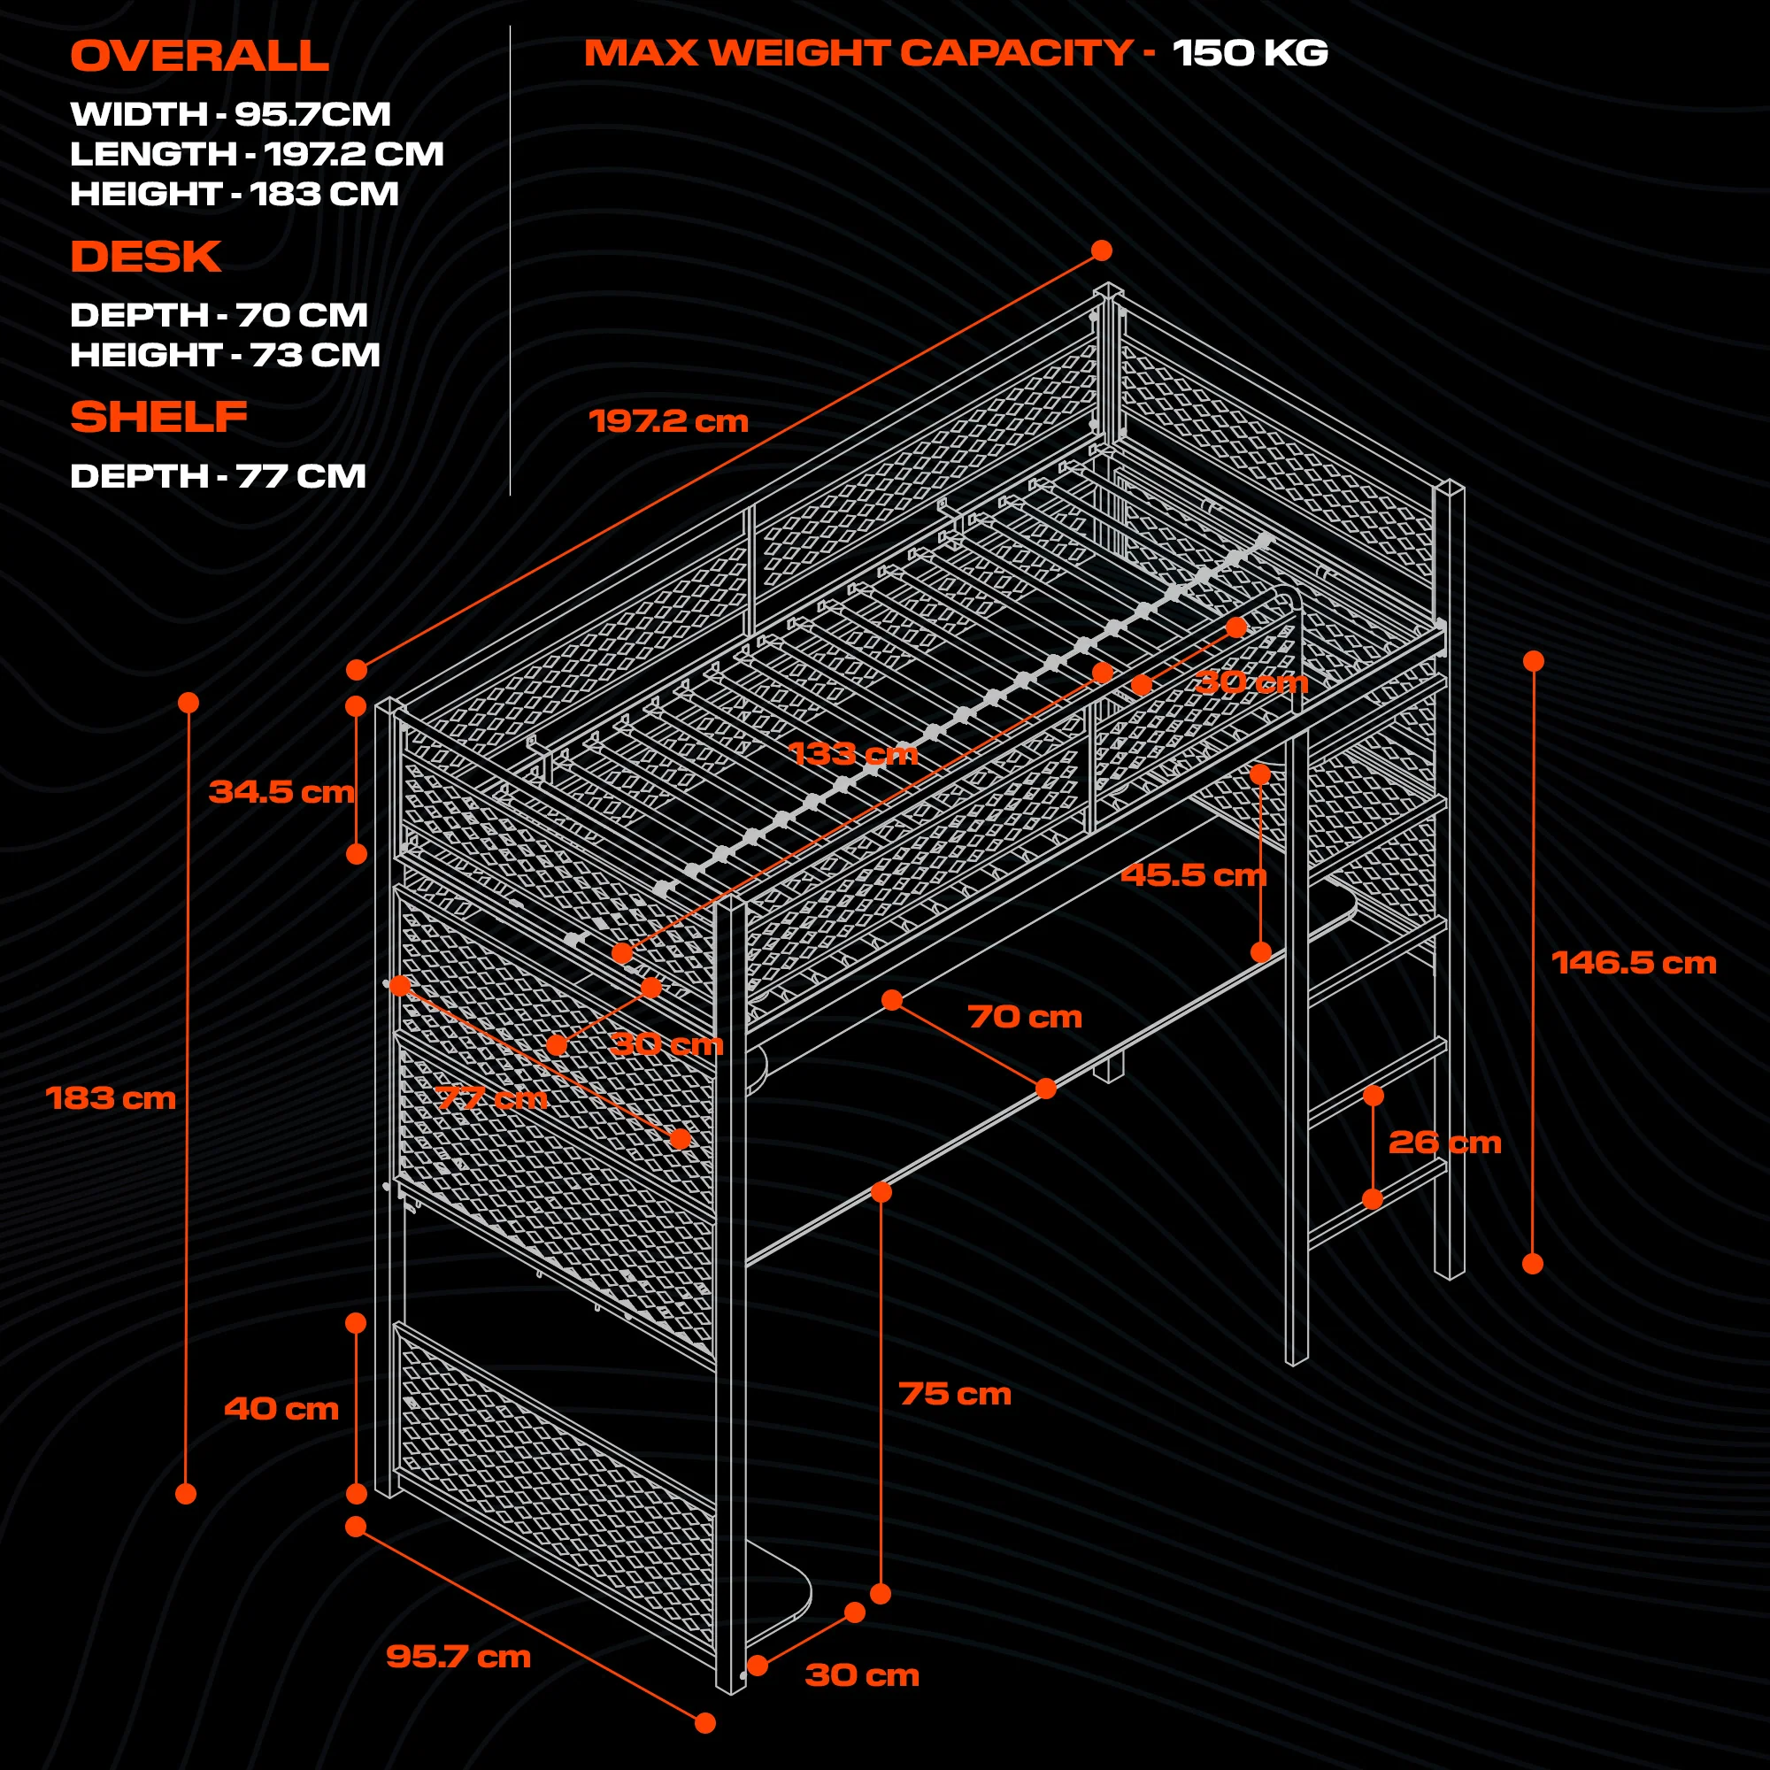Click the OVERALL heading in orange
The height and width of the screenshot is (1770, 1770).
point(199,57)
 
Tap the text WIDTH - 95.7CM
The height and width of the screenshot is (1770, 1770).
point(230,114)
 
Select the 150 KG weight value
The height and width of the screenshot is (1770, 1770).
point(1250,53)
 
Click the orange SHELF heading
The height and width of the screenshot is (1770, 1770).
point(158,418)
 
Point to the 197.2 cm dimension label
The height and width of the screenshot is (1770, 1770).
point(668,421)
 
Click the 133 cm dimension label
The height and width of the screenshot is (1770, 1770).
point(853,754)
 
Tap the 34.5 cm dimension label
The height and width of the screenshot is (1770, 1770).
point(281,791)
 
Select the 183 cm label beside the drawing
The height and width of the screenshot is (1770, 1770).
point(110,1097)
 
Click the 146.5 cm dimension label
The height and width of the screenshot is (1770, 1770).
point(1634,963)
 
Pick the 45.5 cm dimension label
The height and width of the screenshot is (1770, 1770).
point(1193,875)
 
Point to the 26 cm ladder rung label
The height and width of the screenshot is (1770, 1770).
point(1445,1143)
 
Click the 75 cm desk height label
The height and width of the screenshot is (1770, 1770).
point(955,1394)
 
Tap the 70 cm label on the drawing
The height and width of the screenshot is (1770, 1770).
point(1024,1016)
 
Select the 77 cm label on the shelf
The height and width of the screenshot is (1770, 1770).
point(491,1097)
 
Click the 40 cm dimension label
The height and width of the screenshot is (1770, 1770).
point(281,1408)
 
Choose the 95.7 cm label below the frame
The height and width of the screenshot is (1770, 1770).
point(458,1657)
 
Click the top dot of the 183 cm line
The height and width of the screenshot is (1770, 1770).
point(189,703)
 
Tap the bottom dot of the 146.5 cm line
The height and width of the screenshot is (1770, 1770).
point(1533,1264)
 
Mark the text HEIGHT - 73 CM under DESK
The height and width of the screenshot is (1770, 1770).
point(225,356)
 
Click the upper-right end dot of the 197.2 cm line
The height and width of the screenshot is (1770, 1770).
point(1101,251)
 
